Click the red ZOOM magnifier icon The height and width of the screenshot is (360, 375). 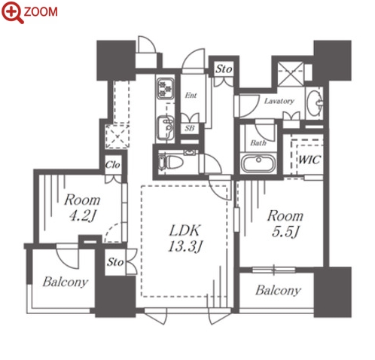[13, 12]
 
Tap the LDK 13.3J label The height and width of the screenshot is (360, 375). [184, 238]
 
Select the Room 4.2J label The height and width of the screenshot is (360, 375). [82, 208]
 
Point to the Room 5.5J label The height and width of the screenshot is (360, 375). [285, 224]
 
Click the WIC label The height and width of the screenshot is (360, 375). [309, 160]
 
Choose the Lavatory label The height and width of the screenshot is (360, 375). [279, 101]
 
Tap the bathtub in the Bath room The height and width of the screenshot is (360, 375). [258, 163]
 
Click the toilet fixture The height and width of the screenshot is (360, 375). [171, 162]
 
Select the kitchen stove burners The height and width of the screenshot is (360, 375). [165, 88]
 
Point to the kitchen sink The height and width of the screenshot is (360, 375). [165, 128]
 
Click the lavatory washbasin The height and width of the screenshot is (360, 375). [315, 103]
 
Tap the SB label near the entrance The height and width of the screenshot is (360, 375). [190, 128]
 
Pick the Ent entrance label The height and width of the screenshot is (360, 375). [191, 96]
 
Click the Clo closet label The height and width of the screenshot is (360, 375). [112, 165]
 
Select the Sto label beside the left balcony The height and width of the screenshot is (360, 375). [115, 262]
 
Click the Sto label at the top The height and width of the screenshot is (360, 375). [224, 69]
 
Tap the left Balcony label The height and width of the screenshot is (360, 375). [66, 282]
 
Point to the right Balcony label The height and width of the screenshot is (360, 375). [278, 291]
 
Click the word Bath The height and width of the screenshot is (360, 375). [258, 142]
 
